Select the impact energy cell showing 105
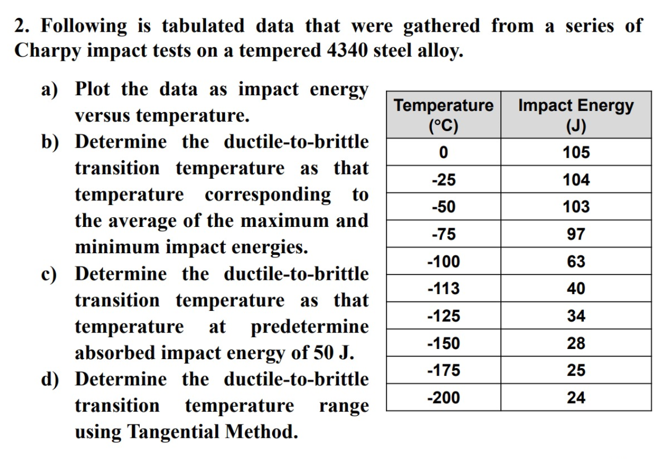(576, 153)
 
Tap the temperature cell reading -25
(444, 180)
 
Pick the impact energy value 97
(576, 234)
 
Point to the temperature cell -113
(444, 289)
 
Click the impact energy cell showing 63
(576, 262)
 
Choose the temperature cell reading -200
(444, 398)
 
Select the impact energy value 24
(576, 398)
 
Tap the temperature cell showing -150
(444, 343)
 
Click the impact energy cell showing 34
(576, 316)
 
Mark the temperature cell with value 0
(444, 153)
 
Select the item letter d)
(51, 380)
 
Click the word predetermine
(309, 327)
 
